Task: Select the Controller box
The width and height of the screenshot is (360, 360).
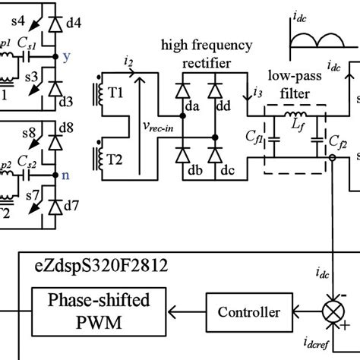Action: point(248,311)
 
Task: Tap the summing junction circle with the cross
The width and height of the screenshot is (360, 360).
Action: point(331,311)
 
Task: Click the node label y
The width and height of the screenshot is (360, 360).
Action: point(66,55)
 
